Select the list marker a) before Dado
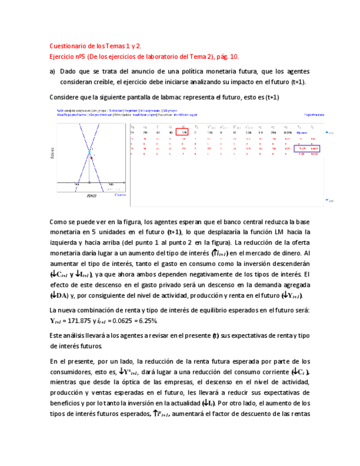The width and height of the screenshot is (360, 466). pos(53,71)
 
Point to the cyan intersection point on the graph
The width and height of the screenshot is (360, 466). pos(89,151)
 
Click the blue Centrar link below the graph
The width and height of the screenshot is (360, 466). pos(120,195)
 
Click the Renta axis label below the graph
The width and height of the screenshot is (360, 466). pos(92,195)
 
